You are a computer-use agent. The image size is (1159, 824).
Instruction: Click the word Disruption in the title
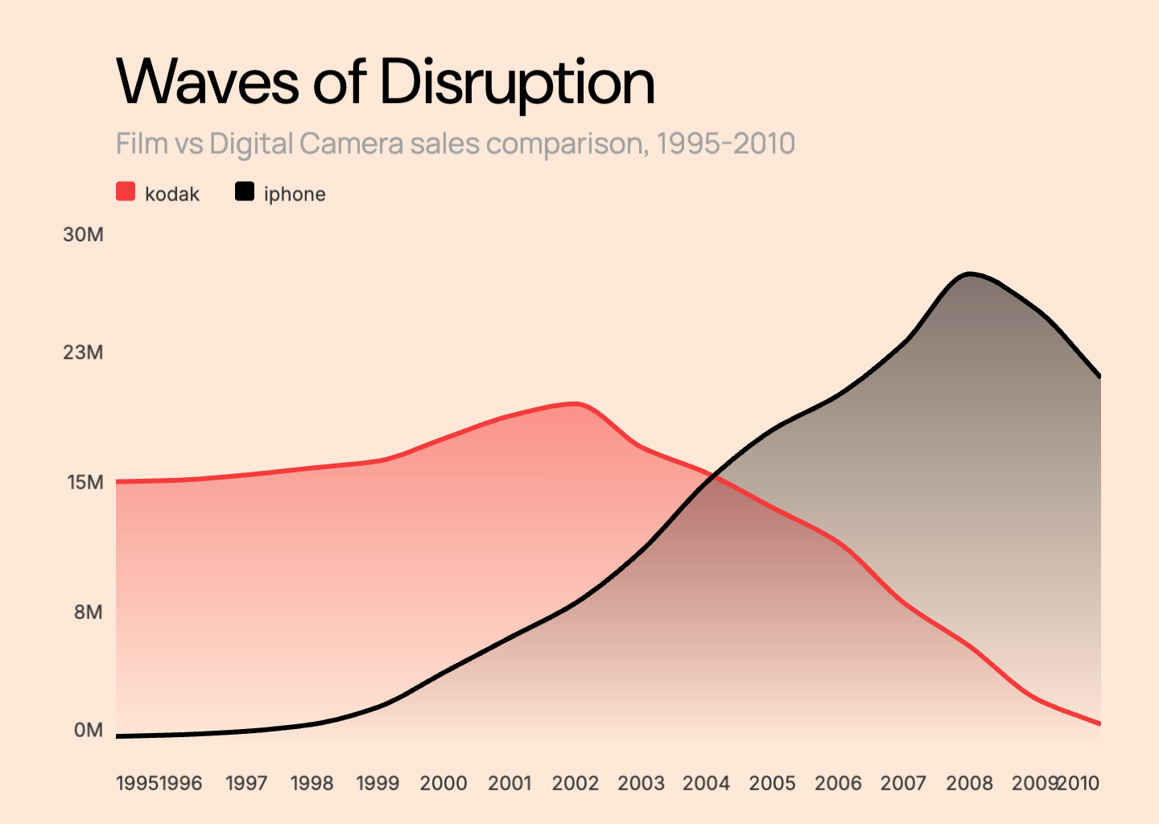pyautogui.click(x=517, y=82)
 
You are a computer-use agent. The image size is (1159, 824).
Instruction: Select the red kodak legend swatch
pyautogui.click(x=126, y=192)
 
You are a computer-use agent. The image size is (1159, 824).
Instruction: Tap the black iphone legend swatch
pyautogui.click(x=245, y=192)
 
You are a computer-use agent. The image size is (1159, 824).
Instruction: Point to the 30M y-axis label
pyautogui.click(x=83, y=234)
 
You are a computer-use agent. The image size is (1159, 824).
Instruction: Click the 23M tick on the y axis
pyautogui.click(x=83, y=352)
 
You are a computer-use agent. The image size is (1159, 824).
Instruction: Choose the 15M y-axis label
pyautogui.click(x=85, y=482)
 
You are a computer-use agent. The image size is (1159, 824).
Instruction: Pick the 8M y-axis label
pyautogui.click(x=88, y=612)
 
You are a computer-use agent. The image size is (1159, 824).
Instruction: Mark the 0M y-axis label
pyautogui.click(x=88, y=730)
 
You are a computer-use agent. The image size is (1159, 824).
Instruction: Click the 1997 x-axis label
pyautogui.click(x=246, y=783)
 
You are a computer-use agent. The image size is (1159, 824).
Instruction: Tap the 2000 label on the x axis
pyautogui.click(x=443, y=783)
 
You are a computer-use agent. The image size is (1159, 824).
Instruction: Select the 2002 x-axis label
pyautogui.click(x=575, y=783)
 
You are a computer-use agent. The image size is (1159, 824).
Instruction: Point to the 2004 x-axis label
pyautogui.click(x=706, y=783)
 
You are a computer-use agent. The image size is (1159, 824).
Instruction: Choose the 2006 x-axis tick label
pyautogui.click(x=838, y=783)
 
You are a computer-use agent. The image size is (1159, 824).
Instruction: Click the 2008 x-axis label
pyautogui.click(x=969, y=783)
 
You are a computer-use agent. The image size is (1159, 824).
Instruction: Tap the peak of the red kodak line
pyautogui.click(x=575, y=404)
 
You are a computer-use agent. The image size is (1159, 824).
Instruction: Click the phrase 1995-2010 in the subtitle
pyautogui.click(x=725, y=144)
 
